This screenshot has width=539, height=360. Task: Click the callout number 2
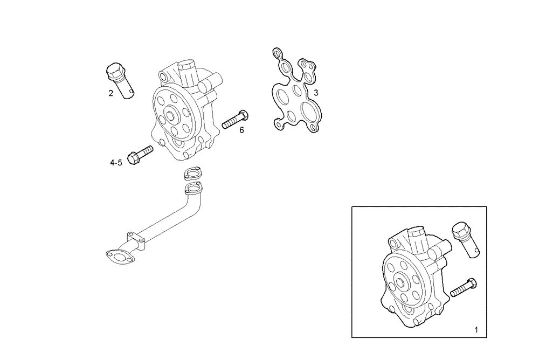pos(110,93)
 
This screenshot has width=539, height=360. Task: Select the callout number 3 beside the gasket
pos(316,93)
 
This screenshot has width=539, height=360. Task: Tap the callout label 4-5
pos(116,162)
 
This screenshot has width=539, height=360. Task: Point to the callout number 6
pos(241,130)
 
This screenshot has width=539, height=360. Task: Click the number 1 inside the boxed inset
pos(476,329)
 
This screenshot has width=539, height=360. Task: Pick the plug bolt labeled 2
pos(120,80)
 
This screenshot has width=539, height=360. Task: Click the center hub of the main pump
pos(171,115)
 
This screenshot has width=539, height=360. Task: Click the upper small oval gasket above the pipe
pos(191,174)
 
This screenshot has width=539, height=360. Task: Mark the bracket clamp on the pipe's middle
pos(135,239)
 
